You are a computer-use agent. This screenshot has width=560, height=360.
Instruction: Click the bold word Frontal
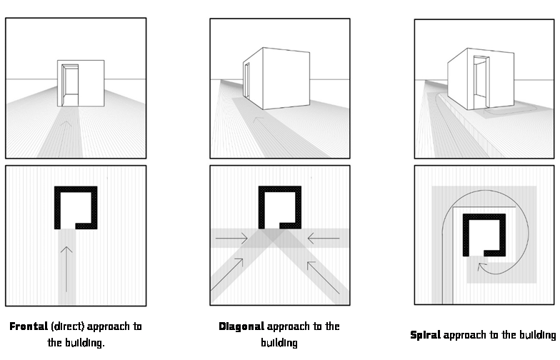(29, 326)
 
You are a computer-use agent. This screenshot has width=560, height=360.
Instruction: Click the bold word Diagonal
(241, 326)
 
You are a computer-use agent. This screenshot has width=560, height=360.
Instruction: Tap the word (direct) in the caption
(68, 326)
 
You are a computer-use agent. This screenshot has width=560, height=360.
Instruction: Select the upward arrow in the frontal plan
(66, 269)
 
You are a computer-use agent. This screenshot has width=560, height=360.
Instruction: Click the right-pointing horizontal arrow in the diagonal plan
(231, 239)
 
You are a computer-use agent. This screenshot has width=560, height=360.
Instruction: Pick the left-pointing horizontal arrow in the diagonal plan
(323, 239)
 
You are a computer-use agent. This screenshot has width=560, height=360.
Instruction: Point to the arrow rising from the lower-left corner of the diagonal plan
(227, 274)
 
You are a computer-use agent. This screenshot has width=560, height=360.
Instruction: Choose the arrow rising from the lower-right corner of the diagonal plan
(323, 277)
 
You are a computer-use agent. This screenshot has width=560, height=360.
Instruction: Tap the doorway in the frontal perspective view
(70, 85)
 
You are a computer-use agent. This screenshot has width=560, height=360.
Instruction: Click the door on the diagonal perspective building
(247, 80)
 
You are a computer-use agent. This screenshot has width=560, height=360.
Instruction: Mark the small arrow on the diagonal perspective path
(258, 119)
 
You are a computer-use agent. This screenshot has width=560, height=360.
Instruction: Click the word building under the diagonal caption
(279, 343)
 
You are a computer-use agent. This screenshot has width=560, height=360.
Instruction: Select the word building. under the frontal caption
(76, 343)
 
